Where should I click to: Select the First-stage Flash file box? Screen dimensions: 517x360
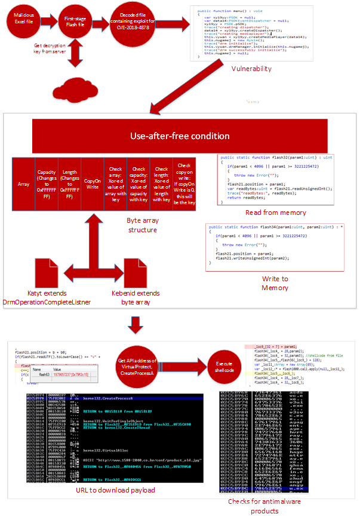pyautogui.click(x=75, y=22)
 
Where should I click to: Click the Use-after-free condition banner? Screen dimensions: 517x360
pyautogui.click(x=179, y=136)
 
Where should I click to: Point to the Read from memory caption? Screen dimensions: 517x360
pyautogui.click(x=276, y=213)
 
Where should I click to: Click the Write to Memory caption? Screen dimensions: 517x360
pyautogui.click(x=275, y=283)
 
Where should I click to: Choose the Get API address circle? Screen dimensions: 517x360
pyautogui.click(x=138, y=363)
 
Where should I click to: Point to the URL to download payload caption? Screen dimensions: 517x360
pyautogui.click(x=116, y=490)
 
